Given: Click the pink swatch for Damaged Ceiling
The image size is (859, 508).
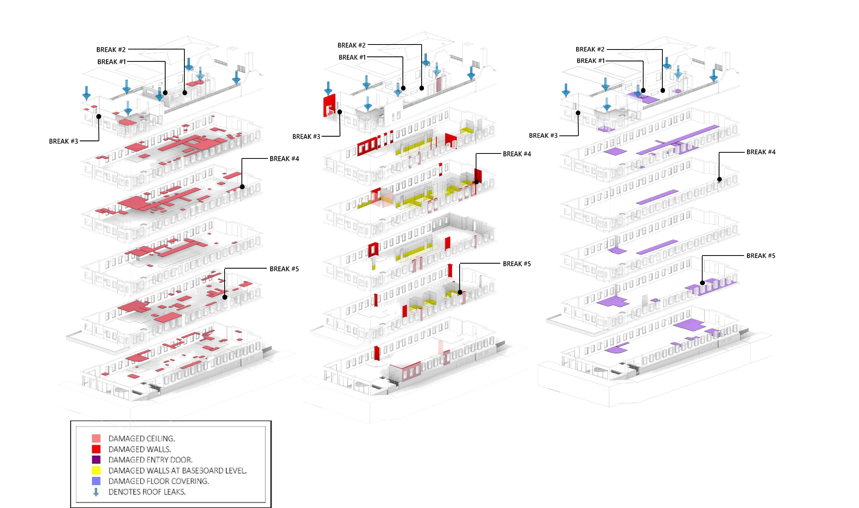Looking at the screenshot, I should [96, 438].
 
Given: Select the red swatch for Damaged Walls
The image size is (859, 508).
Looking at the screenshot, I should [96, 449].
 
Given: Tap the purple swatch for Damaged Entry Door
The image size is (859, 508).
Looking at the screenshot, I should [96, 460].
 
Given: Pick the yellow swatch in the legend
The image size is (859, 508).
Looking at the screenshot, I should [96, 470].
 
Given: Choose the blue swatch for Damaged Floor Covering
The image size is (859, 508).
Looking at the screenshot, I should [96, 481].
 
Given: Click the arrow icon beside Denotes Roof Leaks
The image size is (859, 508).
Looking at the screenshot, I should [96, 492].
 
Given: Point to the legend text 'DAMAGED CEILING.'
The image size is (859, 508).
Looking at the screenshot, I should [141, 439].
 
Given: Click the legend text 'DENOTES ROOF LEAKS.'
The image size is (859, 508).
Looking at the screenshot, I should [147, 492].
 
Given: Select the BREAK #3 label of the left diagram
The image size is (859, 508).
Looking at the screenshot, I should [63, 142].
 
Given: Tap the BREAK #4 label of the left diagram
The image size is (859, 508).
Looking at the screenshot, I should [284, 159].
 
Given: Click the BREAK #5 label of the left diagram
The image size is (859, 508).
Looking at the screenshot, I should [284, 269].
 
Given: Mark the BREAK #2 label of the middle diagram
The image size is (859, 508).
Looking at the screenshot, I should [351, 46].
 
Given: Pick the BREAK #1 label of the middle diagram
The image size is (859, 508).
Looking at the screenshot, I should [352, 58].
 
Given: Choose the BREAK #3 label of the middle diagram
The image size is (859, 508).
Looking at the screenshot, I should [306, 137].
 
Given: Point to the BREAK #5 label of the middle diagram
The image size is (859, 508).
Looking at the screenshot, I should [517, 264].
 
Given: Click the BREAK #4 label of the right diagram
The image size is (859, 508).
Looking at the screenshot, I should [761, 152].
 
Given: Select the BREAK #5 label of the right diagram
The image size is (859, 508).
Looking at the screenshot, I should [761, 256].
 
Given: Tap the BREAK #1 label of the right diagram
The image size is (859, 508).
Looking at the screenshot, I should [591, 61].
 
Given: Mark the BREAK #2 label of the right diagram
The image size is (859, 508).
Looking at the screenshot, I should [590, 49].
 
